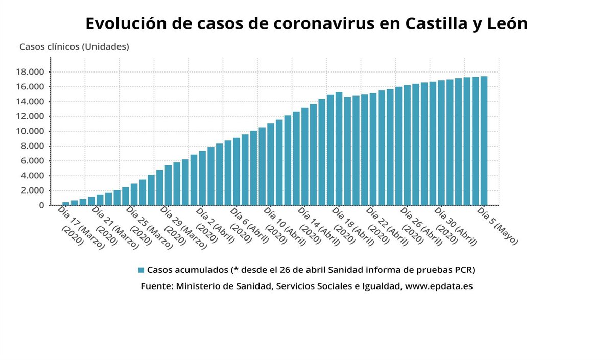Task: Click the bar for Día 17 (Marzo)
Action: tap(66, 203)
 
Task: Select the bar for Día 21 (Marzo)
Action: tap(100, 200)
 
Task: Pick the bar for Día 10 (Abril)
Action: tap(271, 164)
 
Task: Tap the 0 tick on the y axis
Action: tap(42, 205)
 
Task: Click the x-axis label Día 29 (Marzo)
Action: tap(182, 230)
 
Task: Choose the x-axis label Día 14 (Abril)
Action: tap(319, 230)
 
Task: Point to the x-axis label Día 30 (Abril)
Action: tap(455, 230)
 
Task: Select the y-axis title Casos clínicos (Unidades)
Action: tap(74, 46)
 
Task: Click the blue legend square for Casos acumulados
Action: tap(141, 269)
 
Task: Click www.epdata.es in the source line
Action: tap(438, 286)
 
